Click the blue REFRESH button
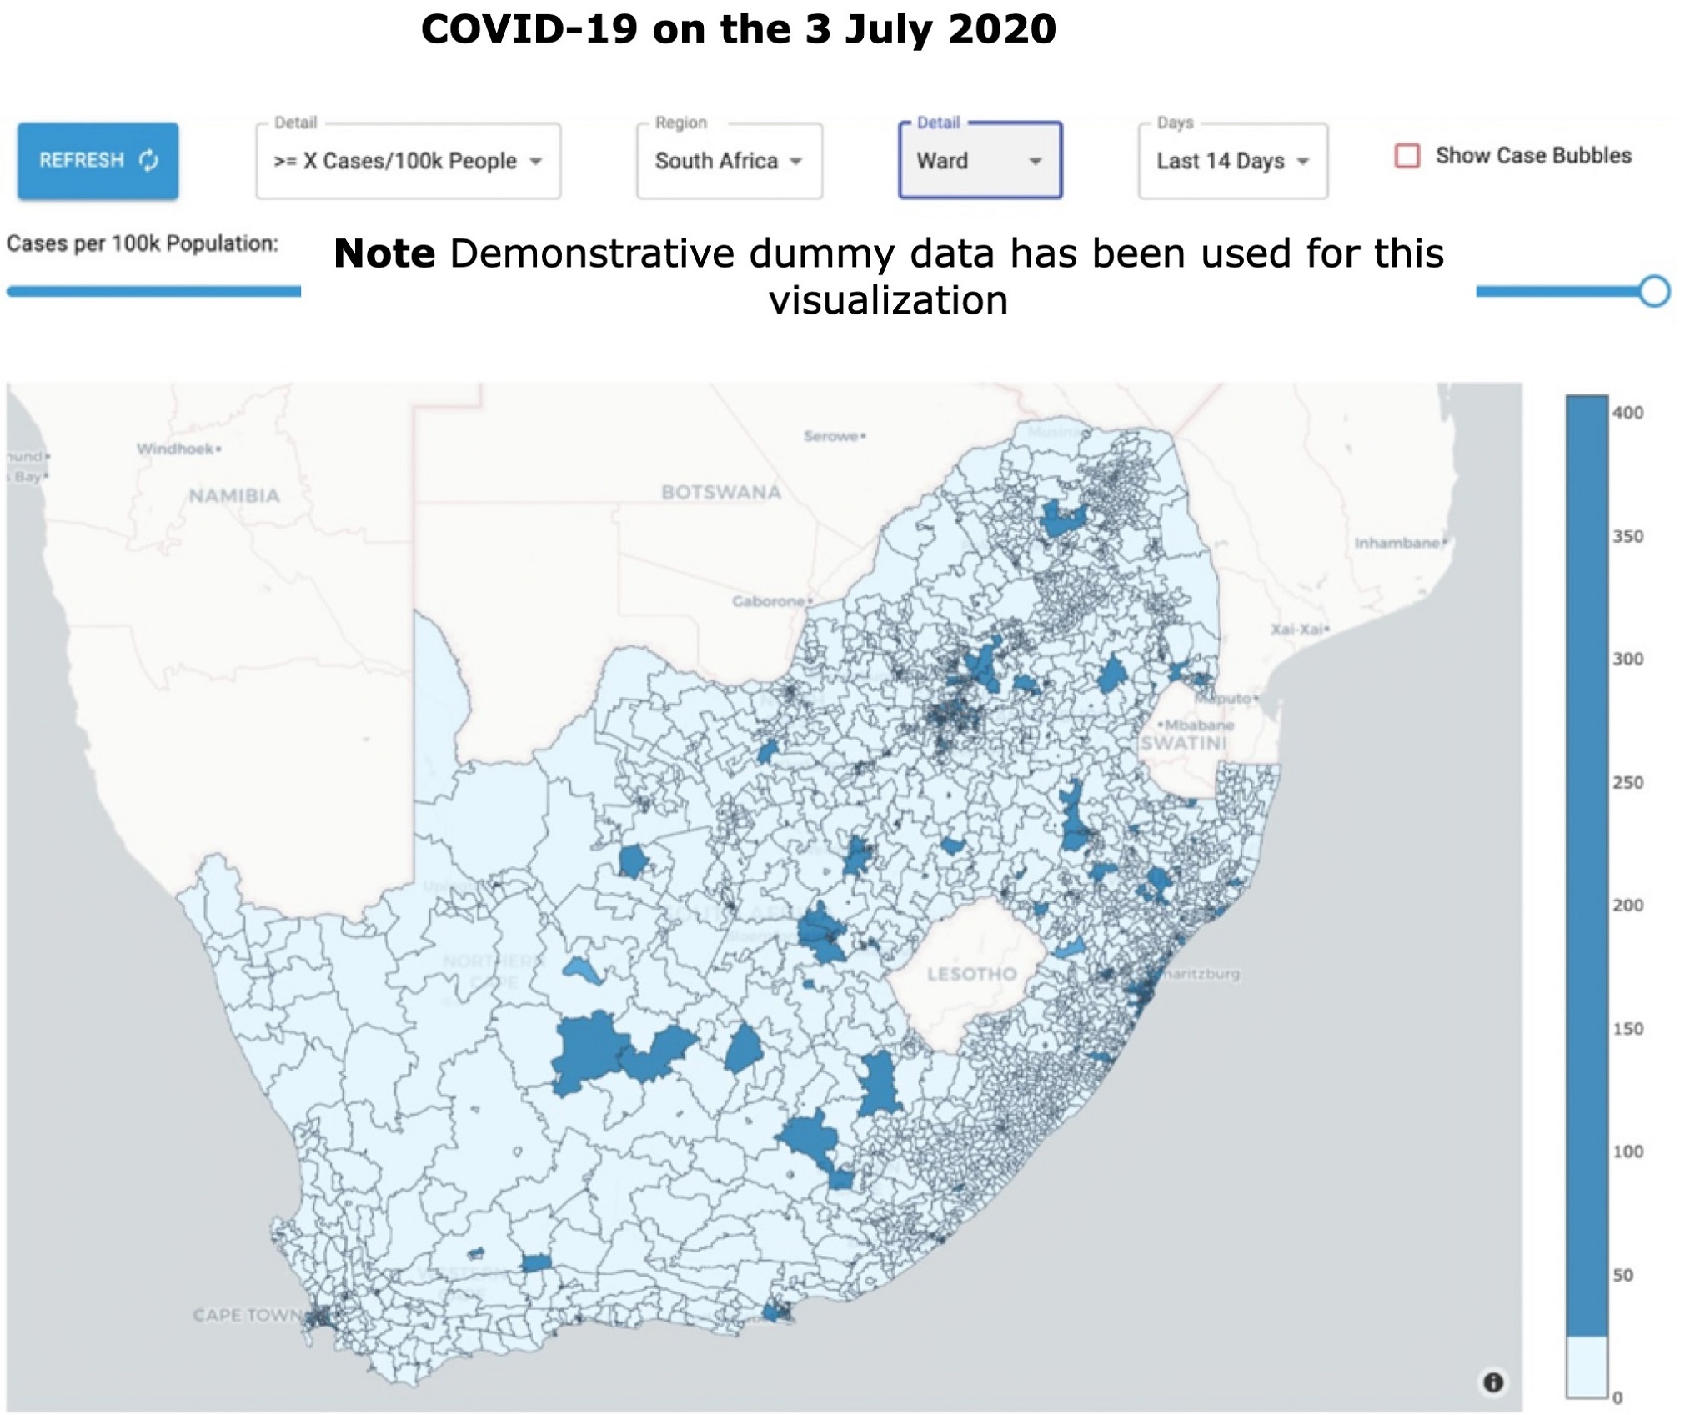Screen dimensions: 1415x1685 (98, 160)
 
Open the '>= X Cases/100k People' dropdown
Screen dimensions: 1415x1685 (408, 161)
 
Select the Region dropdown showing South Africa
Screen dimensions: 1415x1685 (729, 161)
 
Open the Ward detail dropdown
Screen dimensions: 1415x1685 (980, 161)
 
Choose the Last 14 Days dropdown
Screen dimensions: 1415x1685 (1232, 161)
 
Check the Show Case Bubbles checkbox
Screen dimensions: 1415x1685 (1407, 156)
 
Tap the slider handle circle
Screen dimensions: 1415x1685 (1654, 291)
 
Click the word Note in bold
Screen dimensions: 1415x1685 (384, 253)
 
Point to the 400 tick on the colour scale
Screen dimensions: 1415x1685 (1627, 413)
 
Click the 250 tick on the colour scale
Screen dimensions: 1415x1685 (1627, 782)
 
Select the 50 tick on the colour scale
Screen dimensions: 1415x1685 (1622, 1275)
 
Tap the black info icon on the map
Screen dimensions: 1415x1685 (1492, 1382)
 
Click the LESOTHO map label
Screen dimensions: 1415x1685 (971, 974)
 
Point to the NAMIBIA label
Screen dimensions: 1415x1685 (234, 496)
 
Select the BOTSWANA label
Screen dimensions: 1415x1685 (721, 493)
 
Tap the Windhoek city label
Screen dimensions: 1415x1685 (177, 449)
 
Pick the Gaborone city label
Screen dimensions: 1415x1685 (769, 601)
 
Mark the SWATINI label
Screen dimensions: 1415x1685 (1183, 743)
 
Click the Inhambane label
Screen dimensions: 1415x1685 (1397, 544)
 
